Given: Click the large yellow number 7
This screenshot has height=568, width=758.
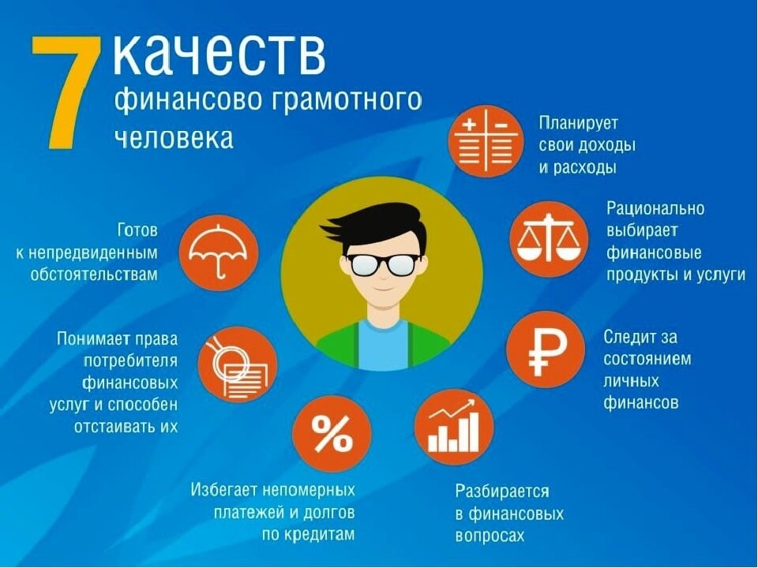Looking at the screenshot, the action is [x=68, y=92].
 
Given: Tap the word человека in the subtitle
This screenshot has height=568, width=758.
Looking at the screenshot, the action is [x=174, y=137].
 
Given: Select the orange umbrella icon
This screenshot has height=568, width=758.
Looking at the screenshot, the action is [x=219, y=252].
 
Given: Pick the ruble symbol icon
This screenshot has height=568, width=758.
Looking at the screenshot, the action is [x=546, y=349].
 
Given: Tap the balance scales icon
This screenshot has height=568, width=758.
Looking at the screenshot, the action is [x=549, y=240].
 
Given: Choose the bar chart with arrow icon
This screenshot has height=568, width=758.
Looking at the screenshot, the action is [x=453, y=427].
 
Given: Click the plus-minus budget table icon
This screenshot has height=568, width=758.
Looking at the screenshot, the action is [x=486, y=140].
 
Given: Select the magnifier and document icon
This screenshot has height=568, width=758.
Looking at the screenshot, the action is [x=238, y=365].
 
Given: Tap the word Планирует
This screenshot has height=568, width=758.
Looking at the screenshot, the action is [x=579, y=124].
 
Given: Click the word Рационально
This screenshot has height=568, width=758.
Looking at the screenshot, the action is [x=655, y=208].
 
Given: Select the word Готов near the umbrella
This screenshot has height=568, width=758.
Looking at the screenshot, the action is [x=137, y=230].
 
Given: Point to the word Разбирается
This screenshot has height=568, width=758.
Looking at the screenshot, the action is [x=502, y=491].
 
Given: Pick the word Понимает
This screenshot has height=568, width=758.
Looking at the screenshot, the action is [x=89, y=338].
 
